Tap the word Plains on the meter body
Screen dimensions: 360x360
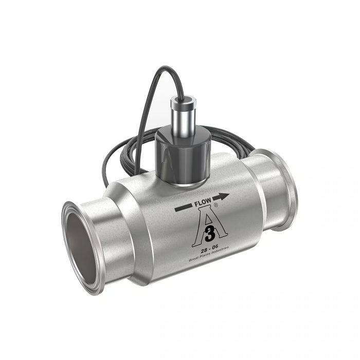coord(207,257)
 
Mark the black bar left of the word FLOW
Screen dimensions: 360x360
coord(184,208)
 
